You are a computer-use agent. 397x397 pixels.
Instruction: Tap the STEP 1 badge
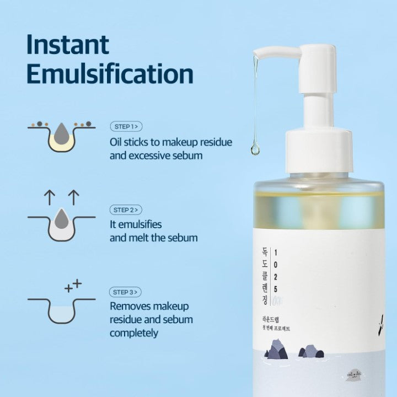(126, 126)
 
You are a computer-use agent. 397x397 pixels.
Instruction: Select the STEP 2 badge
(126, 210)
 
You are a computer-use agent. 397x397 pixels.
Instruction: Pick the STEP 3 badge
(126, 292)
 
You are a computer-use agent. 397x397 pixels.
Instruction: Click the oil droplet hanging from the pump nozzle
(255, 148)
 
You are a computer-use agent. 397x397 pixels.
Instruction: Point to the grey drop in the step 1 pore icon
(61, 133)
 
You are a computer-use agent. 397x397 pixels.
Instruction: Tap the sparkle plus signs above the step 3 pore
(73, 286)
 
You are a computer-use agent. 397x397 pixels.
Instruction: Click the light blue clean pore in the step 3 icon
(61, 313)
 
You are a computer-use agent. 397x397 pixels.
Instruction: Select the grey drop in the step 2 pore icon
(61, 218)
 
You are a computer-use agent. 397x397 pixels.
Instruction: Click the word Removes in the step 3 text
(129, 306)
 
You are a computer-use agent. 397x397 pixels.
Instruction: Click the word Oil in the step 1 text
(116, 142)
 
